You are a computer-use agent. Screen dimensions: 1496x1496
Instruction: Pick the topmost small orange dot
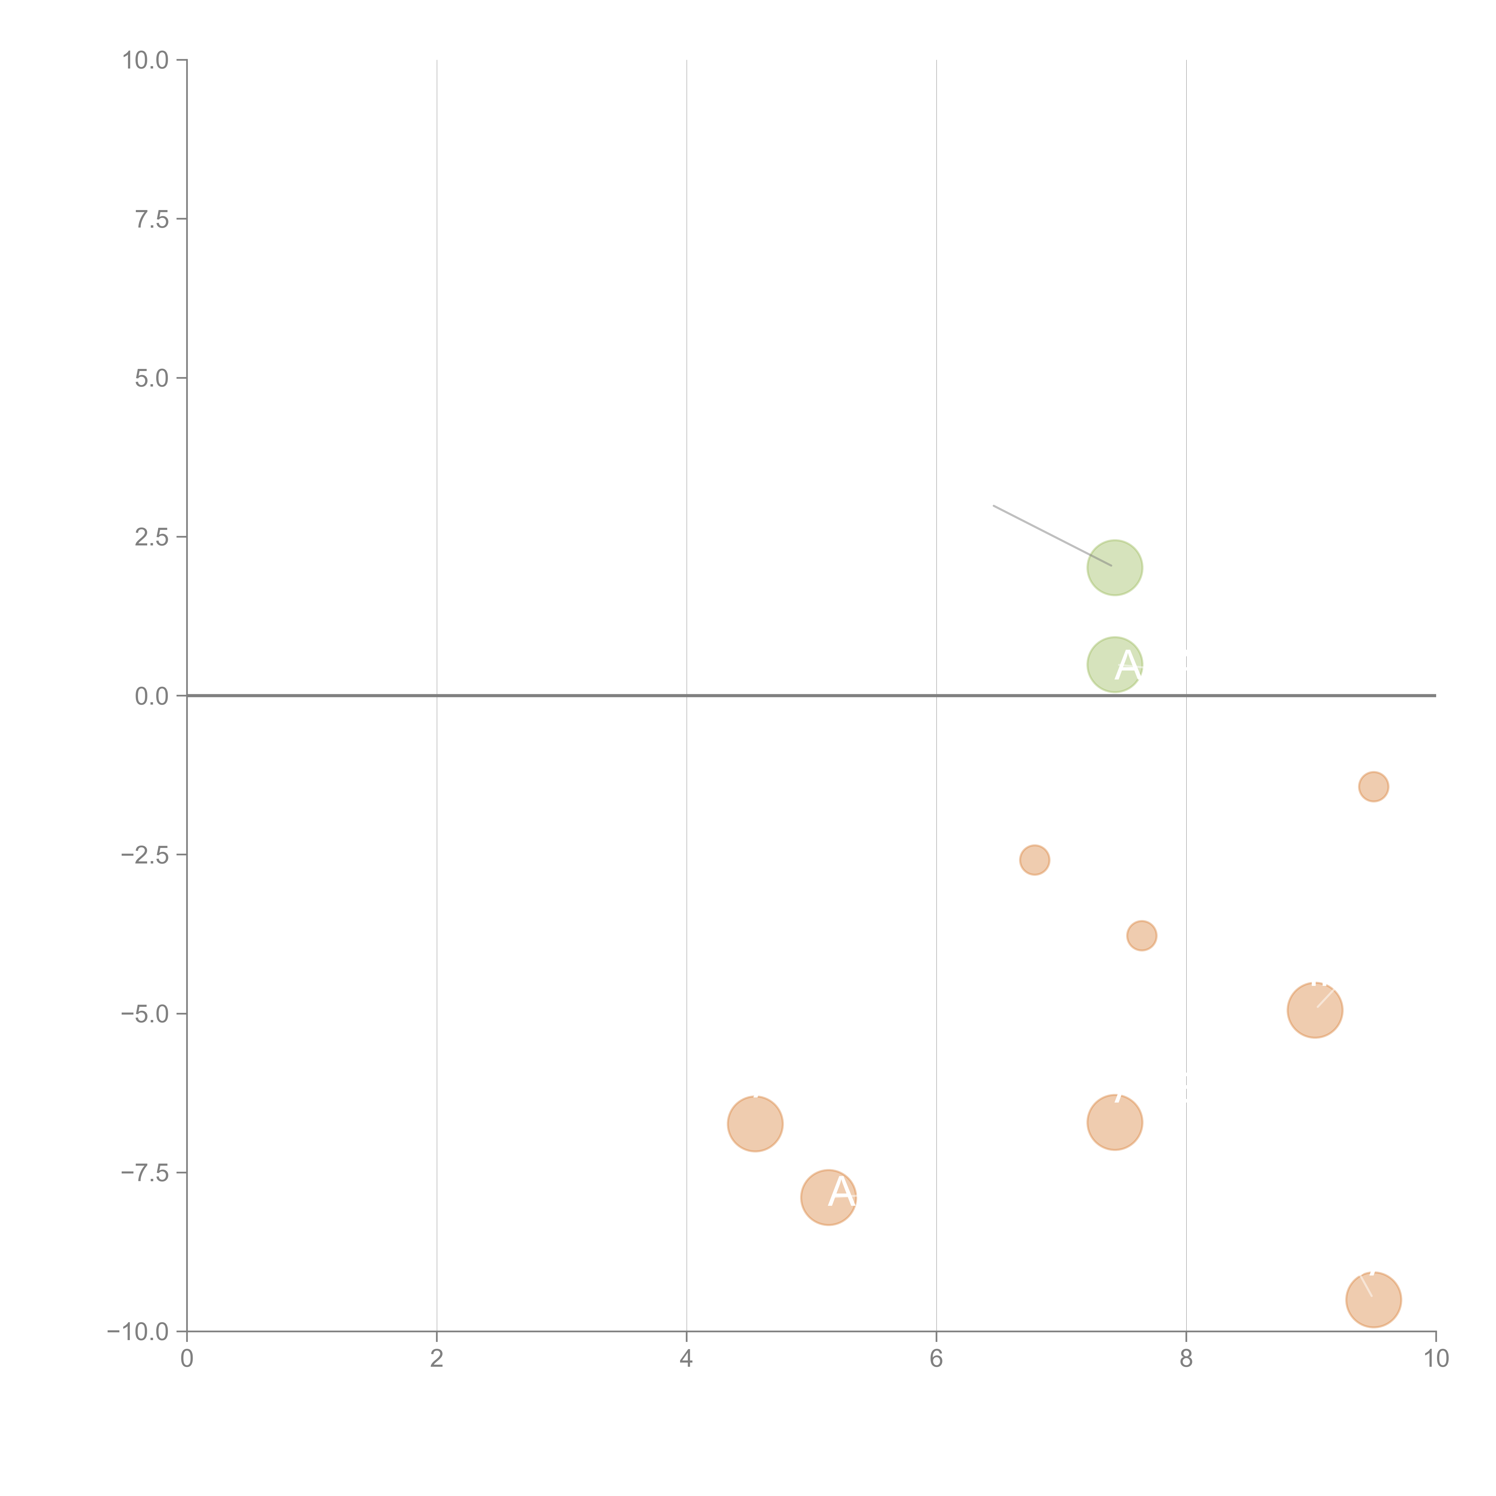tap(1373, 787)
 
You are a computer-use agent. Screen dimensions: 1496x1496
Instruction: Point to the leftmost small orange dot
tap(1035, 860)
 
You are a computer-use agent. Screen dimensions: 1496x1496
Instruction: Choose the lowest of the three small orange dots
tap(1141, 935)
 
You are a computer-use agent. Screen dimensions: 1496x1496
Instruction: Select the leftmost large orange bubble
tap(755, 1123)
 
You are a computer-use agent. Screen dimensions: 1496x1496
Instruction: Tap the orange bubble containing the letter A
tap(828, 1198)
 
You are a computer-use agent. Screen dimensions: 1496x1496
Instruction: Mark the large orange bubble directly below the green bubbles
tap(1114, 1122)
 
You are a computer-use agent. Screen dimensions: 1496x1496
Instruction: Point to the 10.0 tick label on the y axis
tap(146, 60)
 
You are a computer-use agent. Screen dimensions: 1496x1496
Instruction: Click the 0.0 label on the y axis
tap(152, 696)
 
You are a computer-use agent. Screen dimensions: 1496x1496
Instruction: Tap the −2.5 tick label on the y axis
tap(146, 855)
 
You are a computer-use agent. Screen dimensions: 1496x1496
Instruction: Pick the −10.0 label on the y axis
tap(139, 1332)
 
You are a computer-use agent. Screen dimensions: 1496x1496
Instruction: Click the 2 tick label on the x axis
tap(437, 1359)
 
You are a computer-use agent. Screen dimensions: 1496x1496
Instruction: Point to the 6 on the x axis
tap(936, 1359)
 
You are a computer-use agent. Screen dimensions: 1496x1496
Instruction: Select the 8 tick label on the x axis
tap(1186, 1359)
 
